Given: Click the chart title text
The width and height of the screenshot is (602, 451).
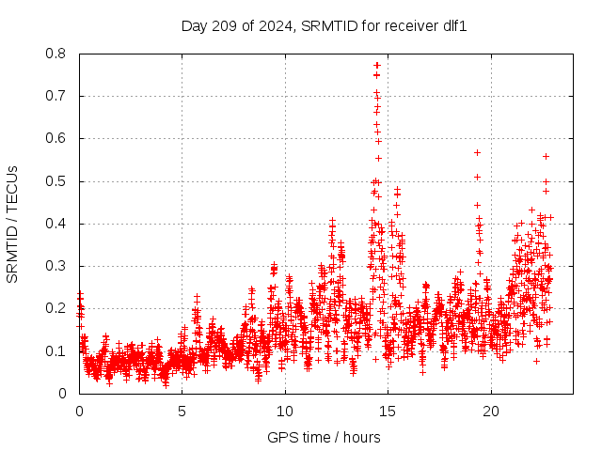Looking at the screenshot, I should (325, 25).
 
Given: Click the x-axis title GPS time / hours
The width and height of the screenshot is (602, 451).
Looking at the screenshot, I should (325, 437).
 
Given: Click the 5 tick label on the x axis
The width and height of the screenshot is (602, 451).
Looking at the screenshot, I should (182, 412).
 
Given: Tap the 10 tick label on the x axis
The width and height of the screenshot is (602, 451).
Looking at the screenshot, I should (285, 412).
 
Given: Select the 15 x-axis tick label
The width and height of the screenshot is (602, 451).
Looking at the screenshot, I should (388, 412).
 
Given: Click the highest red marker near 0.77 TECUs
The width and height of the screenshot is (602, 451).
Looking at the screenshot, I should (377, 65).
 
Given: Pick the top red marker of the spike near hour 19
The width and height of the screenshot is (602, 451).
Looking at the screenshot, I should (477, 152).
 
